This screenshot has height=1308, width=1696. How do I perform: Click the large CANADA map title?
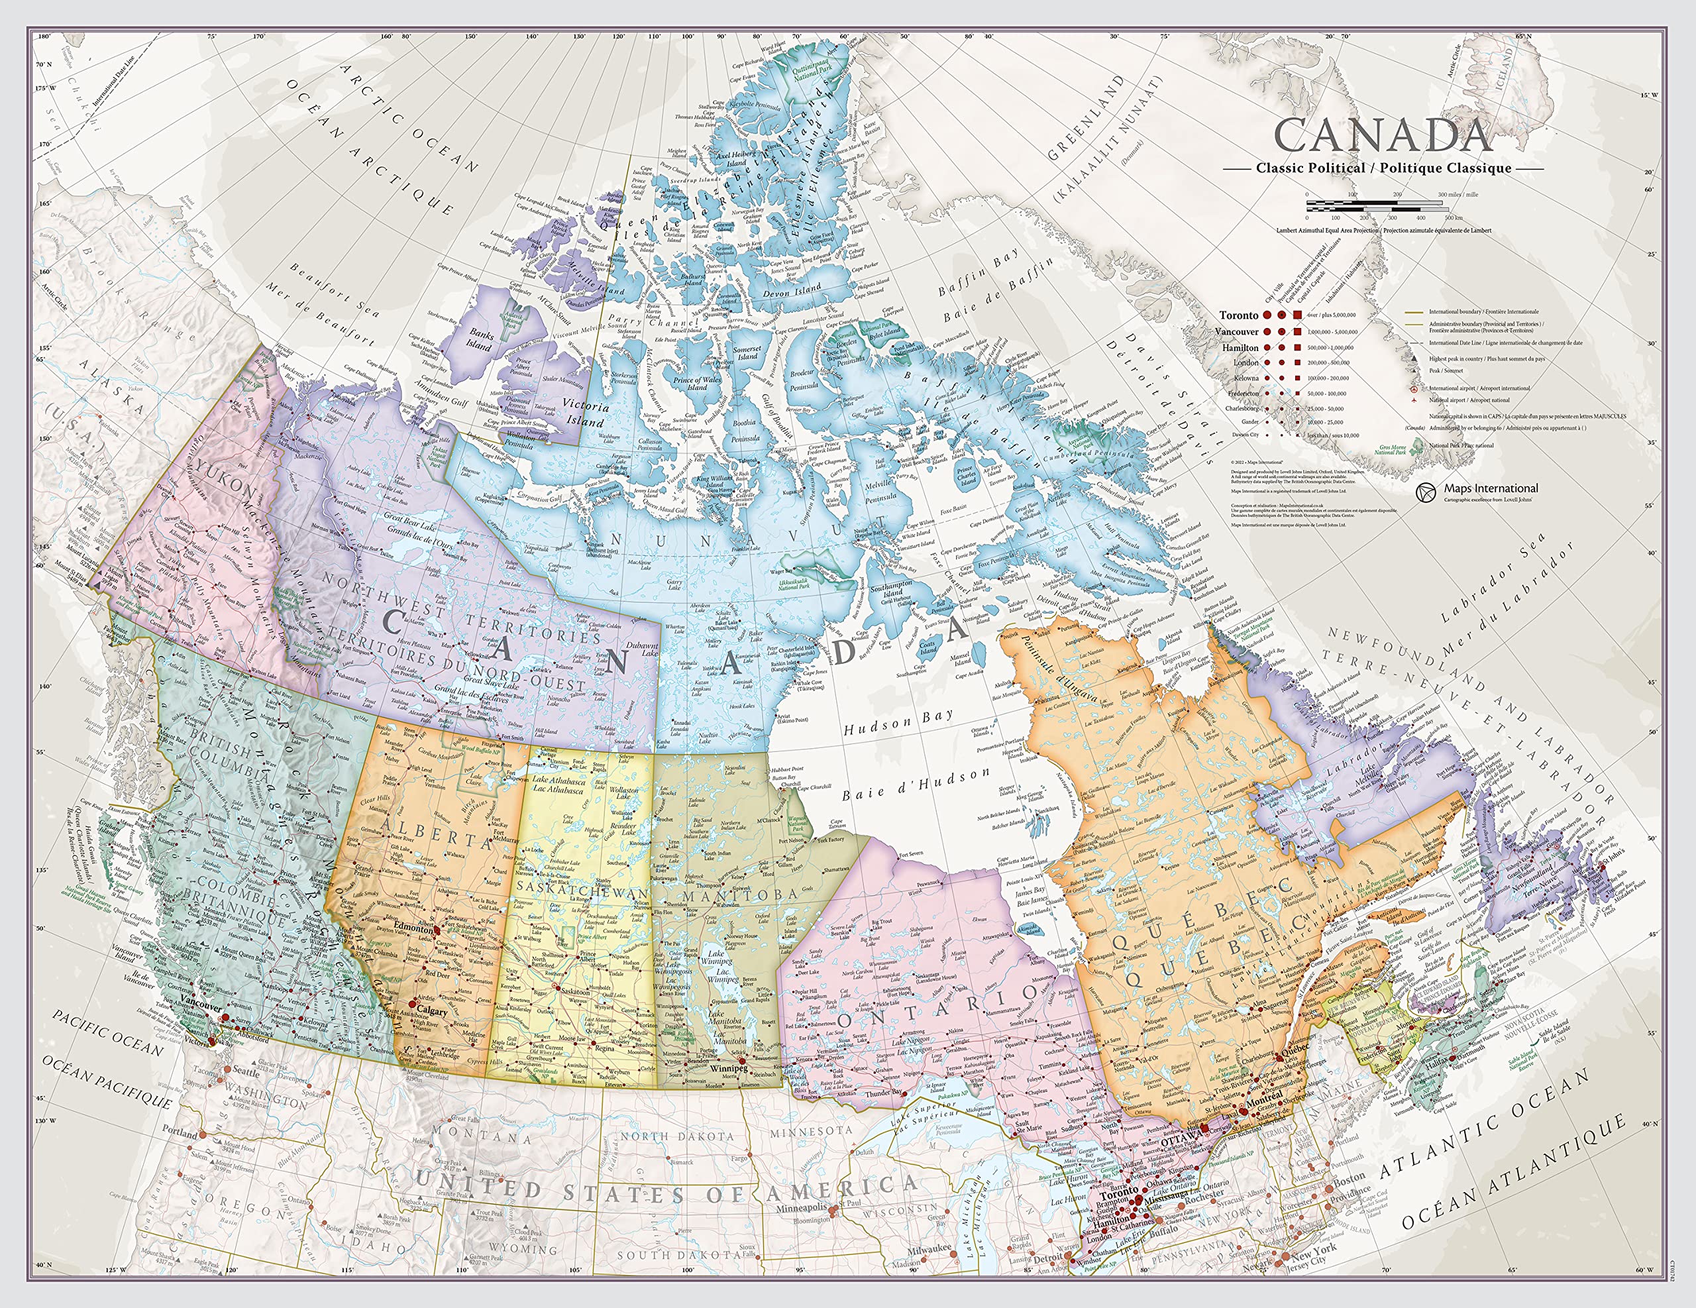tap(1383, 135)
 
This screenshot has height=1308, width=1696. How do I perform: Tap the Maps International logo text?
tap(1490, 488)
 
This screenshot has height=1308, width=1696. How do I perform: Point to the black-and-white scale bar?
tap(1376, 206)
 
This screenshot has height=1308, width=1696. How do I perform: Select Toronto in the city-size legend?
tap(1239, 315)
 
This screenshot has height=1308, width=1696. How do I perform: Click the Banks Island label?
tap(481, 339)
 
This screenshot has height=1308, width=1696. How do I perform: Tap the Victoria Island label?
tap(586, 413)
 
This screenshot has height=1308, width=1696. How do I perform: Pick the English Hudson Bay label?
tap(898, 723)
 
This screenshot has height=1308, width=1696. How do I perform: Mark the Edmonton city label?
tap(413, 929)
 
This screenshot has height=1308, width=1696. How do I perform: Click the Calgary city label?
tap(433, 1011)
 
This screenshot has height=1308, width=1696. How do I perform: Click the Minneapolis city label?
tap(802, 1208)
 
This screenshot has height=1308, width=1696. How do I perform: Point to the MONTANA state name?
tap(482, 1135)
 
